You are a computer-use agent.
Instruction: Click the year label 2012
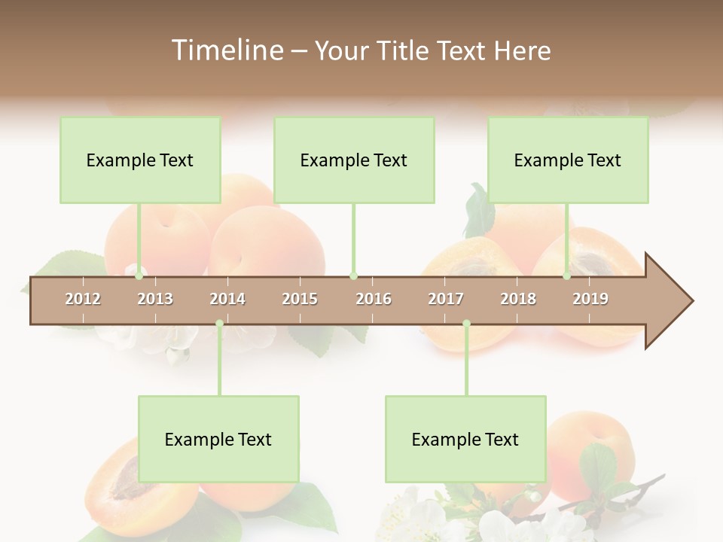click(x=83, y=299)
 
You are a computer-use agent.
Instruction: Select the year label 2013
click(x=155, y=299)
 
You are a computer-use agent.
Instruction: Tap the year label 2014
click(x=227, y=299)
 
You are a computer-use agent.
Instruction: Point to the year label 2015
click(x=300, y=299)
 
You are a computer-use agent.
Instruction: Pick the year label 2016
click(x=374, y=299)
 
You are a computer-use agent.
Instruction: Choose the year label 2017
click(x=446, y=299)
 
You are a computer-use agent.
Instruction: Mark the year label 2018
click(x=518, y=299)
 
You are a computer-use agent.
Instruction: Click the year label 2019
click(x=590, y=299)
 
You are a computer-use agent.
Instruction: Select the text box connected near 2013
click(x=140, y=160)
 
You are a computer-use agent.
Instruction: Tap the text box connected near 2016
click(x=354, y=160)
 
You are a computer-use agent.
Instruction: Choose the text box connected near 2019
click(x=568, y=160)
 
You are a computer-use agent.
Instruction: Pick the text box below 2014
click(x=218, y=439)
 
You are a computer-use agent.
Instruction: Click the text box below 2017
click(x=465, y=439)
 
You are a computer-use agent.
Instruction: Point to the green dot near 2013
click(x=139, y=276)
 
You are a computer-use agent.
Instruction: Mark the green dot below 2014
click(x=219, y=324)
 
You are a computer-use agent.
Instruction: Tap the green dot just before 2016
click(x=353, y=276)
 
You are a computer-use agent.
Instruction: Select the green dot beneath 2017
click(x=466, y=324)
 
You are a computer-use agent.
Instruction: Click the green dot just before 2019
click(x=566, y=276)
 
